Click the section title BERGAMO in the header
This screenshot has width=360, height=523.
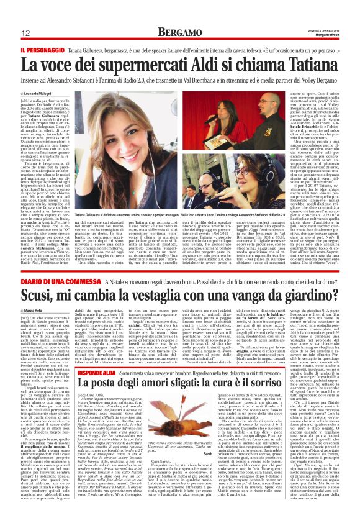179,31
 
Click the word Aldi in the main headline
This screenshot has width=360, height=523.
204,62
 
